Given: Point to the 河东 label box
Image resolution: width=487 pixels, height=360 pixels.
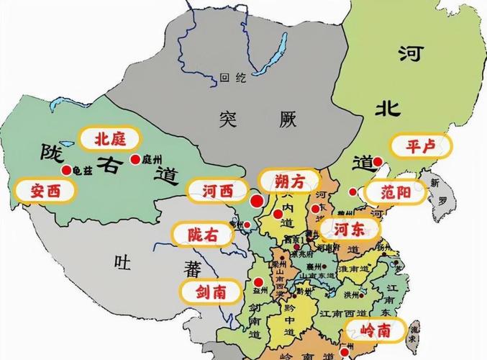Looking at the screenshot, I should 350,230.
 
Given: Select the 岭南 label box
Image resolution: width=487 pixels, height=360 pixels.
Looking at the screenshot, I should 374,330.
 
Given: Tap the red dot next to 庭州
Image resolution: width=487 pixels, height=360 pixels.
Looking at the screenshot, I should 134,160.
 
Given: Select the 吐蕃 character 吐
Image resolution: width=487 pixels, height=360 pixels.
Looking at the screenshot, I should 122,264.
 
